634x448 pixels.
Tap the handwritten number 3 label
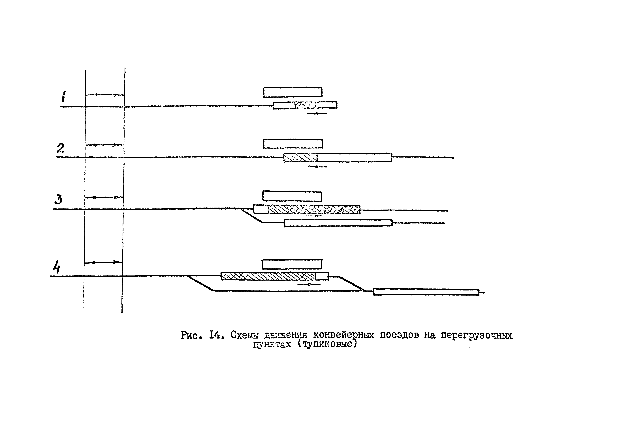(58, 199)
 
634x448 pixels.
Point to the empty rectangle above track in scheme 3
(292, 196)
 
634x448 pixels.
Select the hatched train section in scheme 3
(314, 210)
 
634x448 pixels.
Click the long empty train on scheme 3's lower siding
(338, 223)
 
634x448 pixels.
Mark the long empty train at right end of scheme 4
(426, 292)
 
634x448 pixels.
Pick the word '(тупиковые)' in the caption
(327, 344)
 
